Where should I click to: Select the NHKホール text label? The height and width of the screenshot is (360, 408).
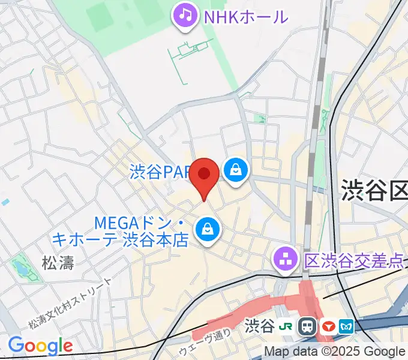coord(246,16)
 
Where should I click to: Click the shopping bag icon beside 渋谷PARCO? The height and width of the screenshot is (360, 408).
coord(236,171)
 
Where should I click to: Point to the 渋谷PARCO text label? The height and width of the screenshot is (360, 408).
coord(160,173)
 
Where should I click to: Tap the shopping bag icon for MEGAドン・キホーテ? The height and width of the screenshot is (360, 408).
coord(207,230)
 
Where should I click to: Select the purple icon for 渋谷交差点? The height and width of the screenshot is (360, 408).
coord(286,260)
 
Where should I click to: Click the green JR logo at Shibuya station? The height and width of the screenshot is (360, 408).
coord(287,326)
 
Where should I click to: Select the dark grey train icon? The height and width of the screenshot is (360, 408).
coord(308,326)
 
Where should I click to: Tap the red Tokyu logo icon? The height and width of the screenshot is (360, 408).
coord(328,326)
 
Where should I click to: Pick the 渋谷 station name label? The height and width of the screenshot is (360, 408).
coord(260,326)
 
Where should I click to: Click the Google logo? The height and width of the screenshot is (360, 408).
coord(40,346)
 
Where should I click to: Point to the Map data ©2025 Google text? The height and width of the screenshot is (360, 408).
coord(335,352)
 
